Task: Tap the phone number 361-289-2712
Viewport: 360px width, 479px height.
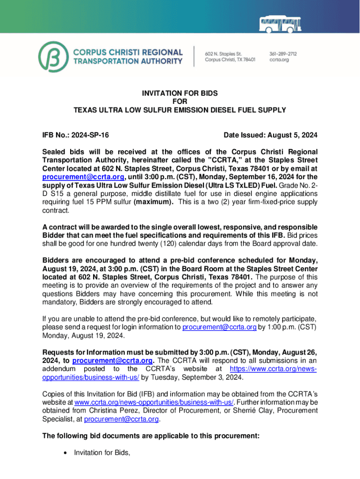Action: pos(283,54)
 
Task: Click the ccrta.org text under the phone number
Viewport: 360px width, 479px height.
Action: pos(279,60)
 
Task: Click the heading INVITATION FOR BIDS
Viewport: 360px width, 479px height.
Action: pos(180,94)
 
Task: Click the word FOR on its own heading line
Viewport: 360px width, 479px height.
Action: pos(180,102)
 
